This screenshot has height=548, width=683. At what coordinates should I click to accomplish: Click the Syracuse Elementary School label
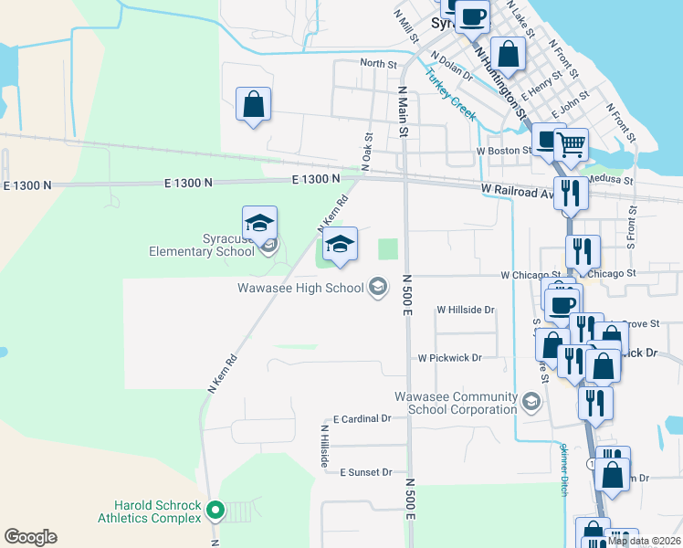click(x=203, y=246)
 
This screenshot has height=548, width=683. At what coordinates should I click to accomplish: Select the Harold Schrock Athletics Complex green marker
click(x=215, y=509)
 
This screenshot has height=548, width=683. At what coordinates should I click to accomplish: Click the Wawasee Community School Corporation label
click(x=456, y=403)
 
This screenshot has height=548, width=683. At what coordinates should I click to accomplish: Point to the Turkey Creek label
click(x=450, y=95)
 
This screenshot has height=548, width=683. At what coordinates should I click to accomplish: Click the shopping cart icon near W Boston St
click(x=571, y=143)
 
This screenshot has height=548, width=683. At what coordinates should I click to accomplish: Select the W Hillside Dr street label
click(x=466, y=310)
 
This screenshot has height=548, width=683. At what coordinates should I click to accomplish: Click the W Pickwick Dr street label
click(x=449, y=358)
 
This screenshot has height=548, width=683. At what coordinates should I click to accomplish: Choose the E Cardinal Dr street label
click(x=362, y=418)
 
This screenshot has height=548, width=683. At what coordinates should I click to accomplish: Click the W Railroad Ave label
click(x=518, y=189)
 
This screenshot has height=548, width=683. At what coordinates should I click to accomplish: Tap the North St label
click(x=378, y=64)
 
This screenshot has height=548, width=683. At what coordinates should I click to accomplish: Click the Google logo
click(x=30, y=536)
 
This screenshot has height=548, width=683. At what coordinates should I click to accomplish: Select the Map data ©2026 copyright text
click(x=644, y=541)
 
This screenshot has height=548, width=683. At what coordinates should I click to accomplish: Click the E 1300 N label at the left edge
click(x=31, y=184)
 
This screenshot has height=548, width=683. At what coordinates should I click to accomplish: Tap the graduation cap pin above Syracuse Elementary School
click(x=259, y=222)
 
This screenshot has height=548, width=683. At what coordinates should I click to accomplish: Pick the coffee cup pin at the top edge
click(x=473, y=16)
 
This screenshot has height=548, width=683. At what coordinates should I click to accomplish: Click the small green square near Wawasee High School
click(x=389, y=248)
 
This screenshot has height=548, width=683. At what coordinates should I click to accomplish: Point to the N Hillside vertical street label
click(x=323, y=447)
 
